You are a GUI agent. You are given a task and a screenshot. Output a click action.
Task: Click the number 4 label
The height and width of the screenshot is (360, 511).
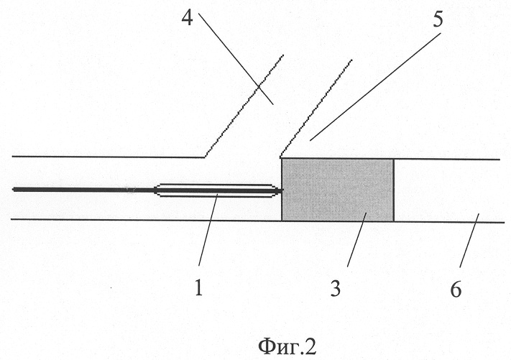(188, 18)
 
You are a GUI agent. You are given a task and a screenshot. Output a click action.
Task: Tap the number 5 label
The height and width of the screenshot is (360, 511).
(438, 19)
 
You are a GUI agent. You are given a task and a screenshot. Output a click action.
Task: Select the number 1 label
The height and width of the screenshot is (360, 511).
(199, 288)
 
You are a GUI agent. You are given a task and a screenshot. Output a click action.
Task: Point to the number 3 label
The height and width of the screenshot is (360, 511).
(336, 288)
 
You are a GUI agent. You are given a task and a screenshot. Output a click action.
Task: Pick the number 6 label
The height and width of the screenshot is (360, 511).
(456, 289)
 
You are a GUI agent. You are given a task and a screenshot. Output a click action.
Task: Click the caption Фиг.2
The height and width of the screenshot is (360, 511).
(287, 346)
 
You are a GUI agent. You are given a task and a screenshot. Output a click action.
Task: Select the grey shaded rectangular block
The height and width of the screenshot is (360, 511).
(338, 190)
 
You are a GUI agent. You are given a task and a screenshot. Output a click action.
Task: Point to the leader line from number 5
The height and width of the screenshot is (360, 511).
(374, 86)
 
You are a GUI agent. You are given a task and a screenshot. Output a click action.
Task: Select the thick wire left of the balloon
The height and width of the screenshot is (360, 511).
(83, 189)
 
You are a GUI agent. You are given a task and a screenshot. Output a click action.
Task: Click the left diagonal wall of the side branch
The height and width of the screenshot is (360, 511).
(244, 106)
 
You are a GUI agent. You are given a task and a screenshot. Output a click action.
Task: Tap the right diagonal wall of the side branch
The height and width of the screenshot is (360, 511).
(316, 109)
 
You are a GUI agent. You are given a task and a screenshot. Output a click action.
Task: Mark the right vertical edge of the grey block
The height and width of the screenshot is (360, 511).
(394, 190)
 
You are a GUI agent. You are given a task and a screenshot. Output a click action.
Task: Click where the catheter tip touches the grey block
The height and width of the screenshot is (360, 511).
(282, 190)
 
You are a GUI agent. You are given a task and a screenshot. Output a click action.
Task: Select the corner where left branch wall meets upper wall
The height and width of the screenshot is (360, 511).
(205, 157)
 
